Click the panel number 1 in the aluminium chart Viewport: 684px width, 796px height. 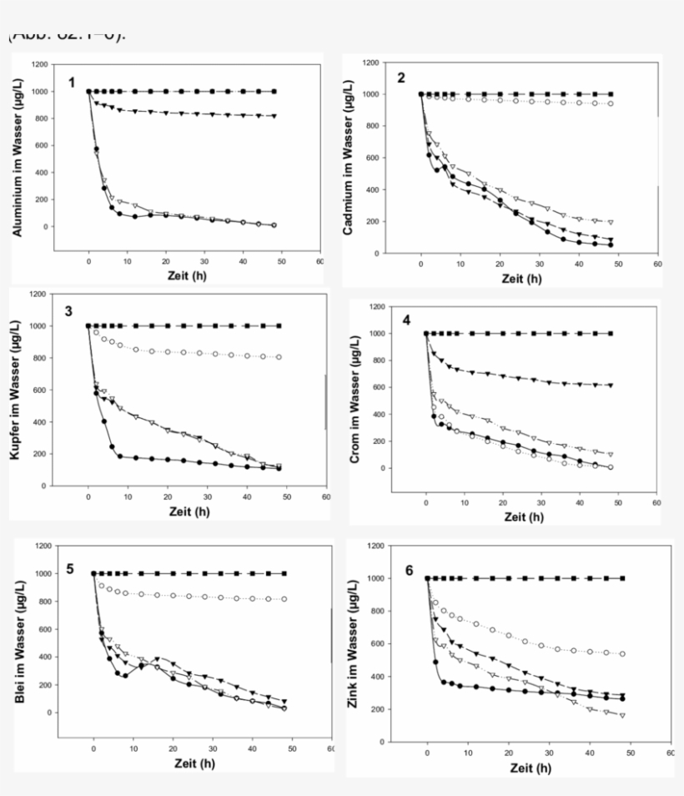coord(73,82)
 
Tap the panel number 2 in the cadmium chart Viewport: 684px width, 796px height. coord(401,78)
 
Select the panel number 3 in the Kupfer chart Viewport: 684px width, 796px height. coord(69,311)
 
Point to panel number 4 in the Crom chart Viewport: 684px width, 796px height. coord(408,320)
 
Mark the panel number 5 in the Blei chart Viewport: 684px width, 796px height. coord(71,569)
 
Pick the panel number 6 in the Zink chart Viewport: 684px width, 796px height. coord(409,570)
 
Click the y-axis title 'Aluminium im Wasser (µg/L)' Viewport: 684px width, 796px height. coord(18,156)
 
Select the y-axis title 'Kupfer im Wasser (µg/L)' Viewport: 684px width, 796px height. coord(18,389)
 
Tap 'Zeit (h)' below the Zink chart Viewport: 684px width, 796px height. coord(531,768)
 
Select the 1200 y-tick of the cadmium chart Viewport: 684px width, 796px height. coord(372,63)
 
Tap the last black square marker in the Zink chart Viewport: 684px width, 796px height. coord(622,578)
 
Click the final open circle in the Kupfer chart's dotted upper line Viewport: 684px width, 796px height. coord(279,357)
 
